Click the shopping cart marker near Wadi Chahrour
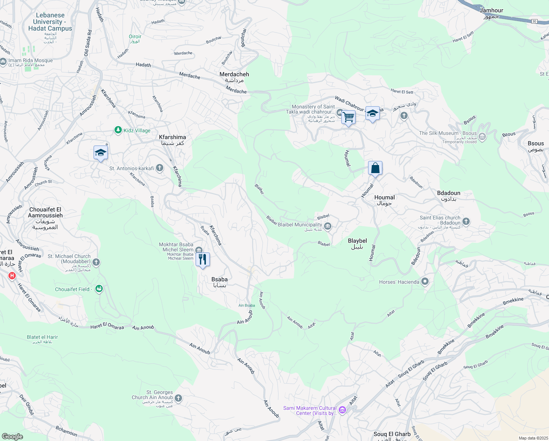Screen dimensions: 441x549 point(348,118)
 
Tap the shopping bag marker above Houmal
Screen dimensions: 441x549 point(375,168)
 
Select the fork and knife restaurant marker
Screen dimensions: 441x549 point(203,259)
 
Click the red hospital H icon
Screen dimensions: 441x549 point(12,276)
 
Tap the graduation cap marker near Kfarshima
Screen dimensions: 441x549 point(101,153)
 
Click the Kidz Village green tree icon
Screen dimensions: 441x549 point(118,130)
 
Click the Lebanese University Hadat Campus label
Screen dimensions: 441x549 point(50,22)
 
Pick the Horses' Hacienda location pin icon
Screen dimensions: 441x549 point(425,282)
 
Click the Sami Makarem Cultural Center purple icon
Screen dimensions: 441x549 point(342,410)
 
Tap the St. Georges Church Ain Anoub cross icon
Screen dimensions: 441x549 point(178,398)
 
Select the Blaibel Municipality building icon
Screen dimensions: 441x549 point(328,226)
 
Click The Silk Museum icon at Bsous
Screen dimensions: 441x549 point(482,137)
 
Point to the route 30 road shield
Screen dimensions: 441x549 point(534,21)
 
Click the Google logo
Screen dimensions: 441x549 point(12,437)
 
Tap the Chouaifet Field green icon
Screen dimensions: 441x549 point(99,289)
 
